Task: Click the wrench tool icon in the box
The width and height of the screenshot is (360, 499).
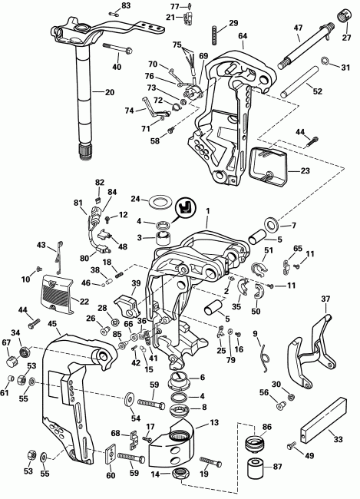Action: [x=185, y=207]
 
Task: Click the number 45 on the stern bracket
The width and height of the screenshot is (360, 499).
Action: [x=52, y=323]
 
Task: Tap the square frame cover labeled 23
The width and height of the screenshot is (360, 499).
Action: [x=269, y=167]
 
